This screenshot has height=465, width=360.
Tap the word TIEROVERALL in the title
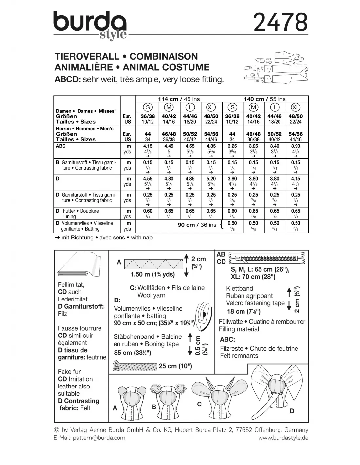87,56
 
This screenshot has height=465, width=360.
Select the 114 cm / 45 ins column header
179,99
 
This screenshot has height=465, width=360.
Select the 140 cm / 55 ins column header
264,99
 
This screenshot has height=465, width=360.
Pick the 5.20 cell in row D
211,179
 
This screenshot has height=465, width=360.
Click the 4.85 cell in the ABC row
211,146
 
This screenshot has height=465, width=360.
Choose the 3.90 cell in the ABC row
296,146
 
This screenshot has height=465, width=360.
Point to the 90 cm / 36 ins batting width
197,225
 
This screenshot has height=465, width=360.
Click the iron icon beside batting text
204,314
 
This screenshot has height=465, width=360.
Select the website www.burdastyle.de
283,438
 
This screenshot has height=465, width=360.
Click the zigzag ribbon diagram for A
154,264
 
